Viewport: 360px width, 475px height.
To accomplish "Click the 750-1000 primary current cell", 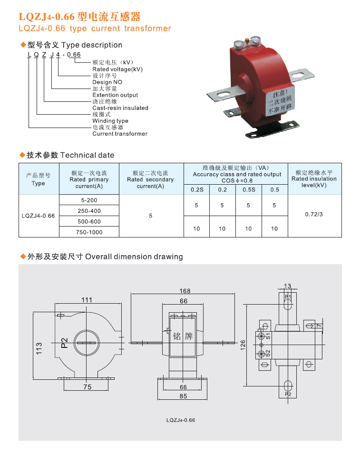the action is (89, 232).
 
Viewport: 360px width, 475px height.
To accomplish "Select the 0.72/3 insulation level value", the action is (314, 215).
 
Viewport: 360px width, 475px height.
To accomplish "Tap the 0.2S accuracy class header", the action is (197, 189).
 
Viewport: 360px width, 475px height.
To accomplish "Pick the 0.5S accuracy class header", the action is (249, 189).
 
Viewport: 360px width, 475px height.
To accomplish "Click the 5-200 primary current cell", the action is (89, 200).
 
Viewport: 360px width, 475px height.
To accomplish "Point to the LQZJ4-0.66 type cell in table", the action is (38, 216).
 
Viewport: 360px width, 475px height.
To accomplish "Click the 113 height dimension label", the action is (39, 348).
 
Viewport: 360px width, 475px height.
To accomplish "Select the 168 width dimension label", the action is (185, 291).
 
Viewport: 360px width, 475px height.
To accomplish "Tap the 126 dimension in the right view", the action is (243, 345).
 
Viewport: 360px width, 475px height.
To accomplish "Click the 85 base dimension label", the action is (183, 396).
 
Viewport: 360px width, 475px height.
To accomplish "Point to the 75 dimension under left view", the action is (87, 387).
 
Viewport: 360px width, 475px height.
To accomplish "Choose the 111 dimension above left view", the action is (87, 300).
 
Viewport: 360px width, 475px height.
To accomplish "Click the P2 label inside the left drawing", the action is (65, 343).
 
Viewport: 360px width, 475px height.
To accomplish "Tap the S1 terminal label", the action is (268, 336).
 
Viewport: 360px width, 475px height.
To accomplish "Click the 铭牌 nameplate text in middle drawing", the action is (183, 336).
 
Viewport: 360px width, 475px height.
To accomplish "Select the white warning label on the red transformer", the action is (280, 100).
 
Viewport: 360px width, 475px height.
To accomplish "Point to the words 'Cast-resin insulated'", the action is (120, 108).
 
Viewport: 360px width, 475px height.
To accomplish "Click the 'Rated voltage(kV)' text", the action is (117, 69).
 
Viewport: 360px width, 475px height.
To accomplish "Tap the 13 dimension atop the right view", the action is (287, 286).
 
